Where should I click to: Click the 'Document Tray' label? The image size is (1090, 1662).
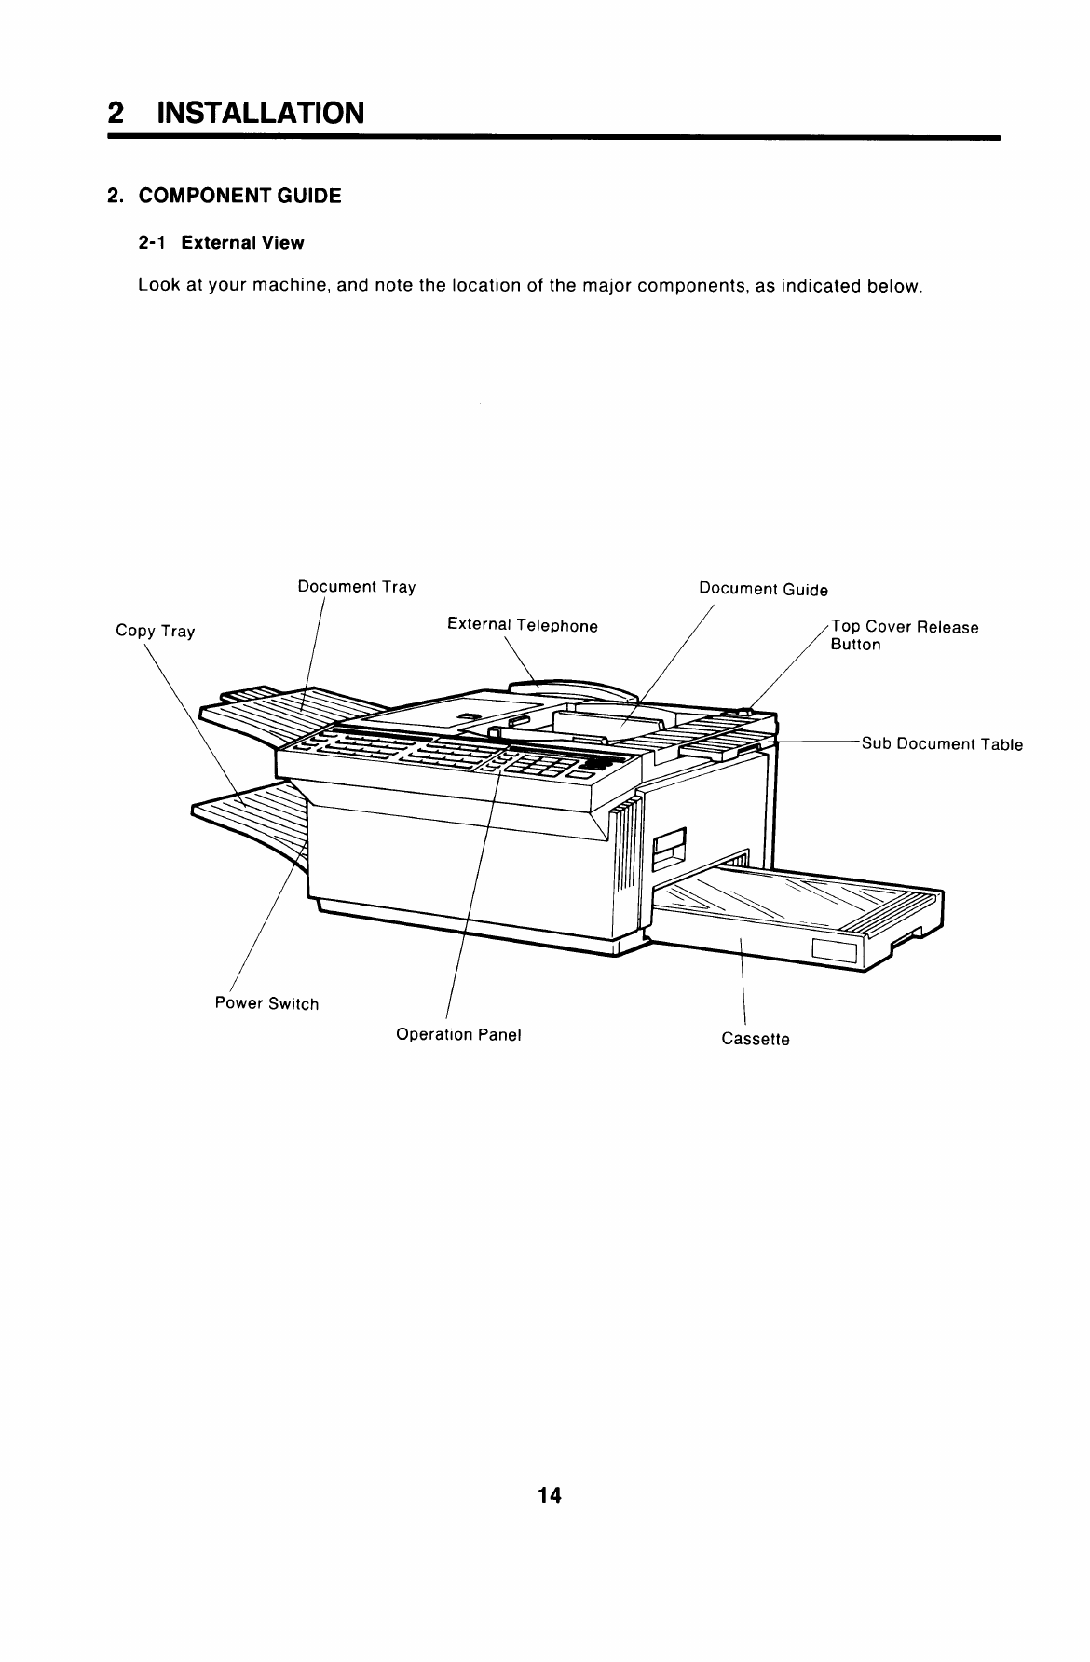tap(356, 587)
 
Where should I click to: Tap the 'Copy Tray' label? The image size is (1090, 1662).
tap(155, 631)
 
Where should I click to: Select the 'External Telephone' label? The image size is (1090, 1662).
tap(522, 625)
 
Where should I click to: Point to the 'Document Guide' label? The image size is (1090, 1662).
tap(763, 589)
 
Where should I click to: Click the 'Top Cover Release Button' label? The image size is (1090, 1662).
tap(904, 635)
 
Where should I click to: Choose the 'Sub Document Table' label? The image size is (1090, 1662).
tap(942, 743)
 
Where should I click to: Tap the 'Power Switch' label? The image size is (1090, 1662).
tap(266, 1003)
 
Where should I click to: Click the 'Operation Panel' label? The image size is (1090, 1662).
tap(458, 1035)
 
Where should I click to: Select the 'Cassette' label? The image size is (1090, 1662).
tap(756, 1039)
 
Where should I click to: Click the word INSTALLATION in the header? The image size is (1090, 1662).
tap(260, 113)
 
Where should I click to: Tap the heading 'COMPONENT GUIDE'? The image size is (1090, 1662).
tap(239, 196)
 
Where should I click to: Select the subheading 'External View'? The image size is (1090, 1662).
tap(242, 243)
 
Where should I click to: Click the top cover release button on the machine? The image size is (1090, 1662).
tap(743, 712)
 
